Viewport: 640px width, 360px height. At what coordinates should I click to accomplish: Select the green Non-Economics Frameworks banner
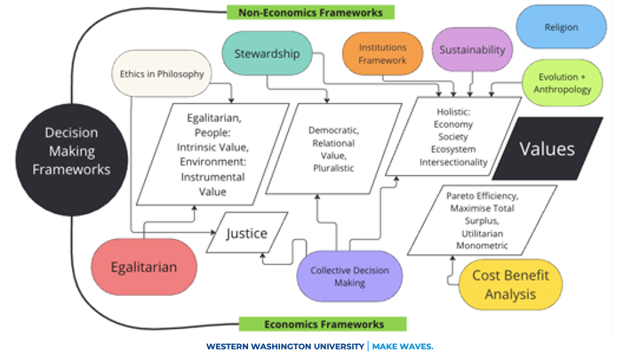click(311, 12)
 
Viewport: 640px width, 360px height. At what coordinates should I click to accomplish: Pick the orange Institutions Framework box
click(383, 53)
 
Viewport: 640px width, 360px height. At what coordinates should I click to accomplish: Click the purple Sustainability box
click(472, 50)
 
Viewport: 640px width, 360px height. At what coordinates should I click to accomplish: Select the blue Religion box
click(561, 27)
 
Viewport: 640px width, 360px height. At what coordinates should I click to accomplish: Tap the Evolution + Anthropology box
click(562, 83)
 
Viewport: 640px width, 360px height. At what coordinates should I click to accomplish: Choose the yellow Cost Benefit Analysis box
click(510, 284)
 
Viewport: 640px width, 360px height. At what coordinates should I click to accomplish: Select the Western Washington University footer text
click(284, 345)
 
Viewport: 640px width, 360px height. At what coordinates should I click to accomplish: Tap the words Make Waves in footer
click(403, 345)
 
